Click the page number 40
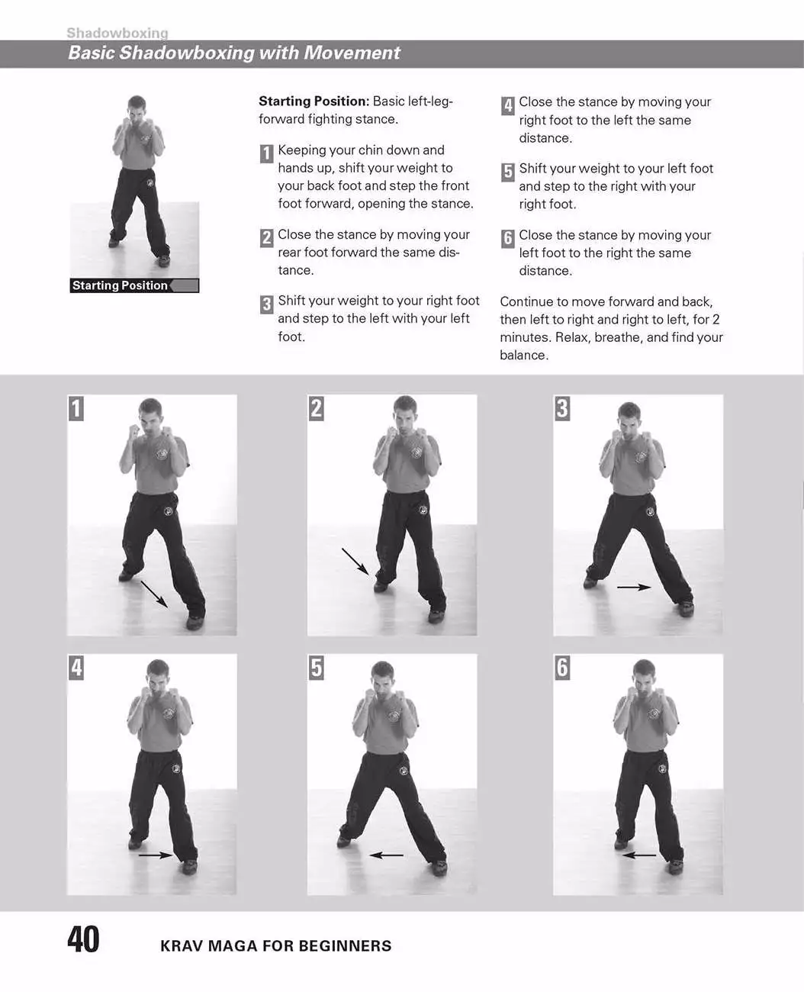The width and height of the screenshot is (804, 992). pyautogui.click(x=83, y=939)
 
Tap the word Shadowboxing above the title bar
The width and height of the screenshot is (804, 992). pyautogui.click(x=117, y=33)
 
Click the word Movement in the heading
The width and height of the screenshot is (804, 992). pyautogui.click(x=352, y=53)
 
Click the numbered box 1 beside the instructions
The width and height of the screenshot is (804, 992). pyautogui.click(x=266, y=153)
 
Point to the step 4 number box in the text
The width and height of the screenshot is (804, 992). pyautogui.click(x=508, y=106)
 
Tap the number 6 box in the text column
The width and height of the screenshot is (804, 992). pyautogui.click(x=508, y=239)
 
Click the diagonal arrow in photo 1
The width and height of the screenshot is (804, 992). pyautogui.click(x=155, y=594)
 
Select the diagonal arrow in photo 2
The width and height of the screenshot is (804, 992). pyautogui.click(x=355, y=562)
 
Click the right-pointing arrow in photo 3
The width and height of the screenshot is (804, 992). pyautogui.click(x=634, y=588)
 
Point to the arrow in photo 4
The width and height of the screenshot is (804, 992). pyautogui.click(x=156, y=855)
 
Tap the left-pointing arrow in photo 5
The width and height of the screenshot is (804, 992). pyautogui.click(x=387, y=855)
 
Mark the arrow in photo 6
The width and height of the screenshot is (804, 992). pyautogui.click(x=638, y=855)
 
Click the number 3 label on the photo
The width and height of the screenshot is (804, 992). pyautogui.click(x=562, y=408)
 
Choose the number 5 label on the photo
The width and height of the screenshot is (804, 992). pyautogui.click(x=316, y=668)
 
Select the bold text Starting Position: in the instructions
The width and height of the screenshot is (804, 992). pyautogui.click(x=314, y=101)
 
